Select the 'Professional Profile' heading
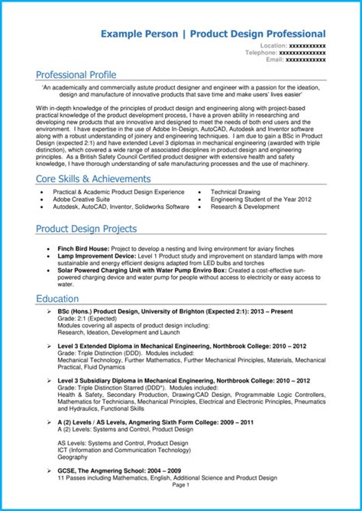point(76,75)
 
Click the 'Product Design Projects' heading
point(86,228)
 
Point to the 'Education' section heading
point(58,298)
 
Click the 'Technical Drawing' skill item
point(235,191)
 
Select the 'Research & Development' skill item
point(245,207)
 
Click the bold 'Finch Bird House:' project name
point(83,249)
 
